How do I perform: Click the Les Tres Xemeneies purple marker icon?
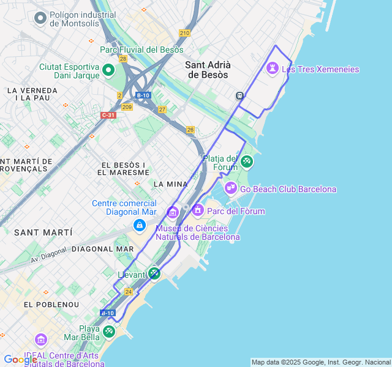[x=273, y=69]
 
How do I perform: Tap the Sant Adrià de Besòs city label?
[x=208, y=69]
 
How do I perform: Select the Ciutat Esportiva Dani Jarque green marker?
[x=108, y=70]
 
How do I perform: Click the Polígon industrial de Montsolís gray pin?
[x=41, y=18]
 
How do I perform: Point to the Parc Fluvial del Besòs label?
[x=141, y=50]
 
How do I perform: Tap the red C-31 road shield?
[x=108, y=115]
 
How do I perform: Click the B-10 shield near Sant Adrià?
[x=143, y=95]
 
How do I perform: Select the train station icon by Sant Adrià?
[x=239, y=95]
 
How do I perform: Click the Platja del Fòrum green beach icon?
[x=246, y=161]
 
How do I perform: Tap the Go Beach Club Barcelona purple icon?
[x=230, y=188]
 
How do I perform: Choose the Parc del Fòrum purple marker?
[x=197, y=210]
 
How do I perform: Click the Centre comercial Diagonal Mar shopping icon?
[x=140, y=226]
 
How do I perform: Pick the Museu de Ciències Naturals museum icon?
[x=172, y=213]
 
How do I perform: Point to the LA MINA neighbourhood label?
[x=171, y=183]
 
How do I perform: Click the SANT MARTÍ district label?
[x=43, y=232]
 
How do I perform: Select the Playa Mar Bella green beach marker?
[x=108, y=331]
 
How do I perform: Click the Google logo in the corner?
[x=20, y=360]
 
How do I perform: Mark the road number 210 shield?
[x=185, y=32]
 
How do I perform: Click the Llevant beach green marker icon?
[x=154, y=273]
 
